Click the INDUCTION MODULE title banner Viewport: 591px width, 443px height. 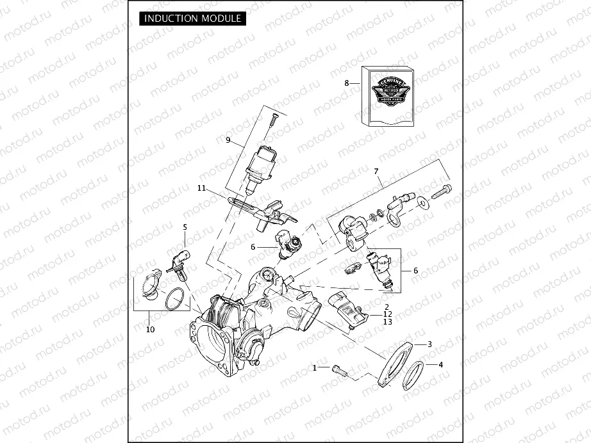point(192,18)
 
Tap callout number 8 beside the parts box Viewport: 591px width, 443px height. point(347,83)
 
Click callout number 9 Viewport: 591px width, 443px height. point(227,140)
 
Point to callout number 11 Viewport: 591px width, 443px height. point(201,188)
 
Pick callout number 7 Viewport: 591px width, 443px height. point(377,172)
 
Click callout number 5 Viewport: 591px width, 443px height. point(185,227)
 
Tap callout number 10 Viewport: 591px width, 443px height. point(151,330)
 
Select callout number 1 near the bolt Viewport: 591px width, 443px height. point(315,368)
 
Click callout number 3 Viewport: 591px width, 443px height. point(429,344)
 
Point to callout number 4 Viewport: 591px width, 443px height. point(440,365)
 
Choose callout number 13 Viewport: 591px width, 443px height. point(387,322)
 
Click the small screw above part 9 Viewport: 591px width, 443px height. point(273,120)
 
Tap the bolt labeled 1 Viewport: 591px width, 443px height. point(340,369)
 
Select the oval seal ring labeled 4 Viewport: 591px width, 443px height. point(413,375)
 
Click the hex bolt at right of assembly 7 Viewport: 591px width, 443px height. point(442,190)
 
